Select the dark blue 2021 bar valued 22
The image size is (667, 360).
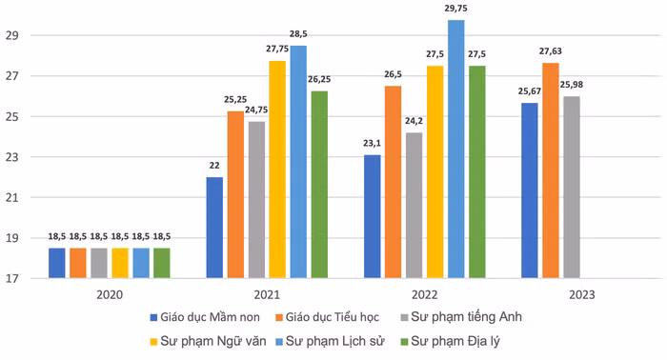[x=214, y=228]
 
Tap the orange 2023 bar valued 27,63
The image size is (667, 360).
[x=550, y=170]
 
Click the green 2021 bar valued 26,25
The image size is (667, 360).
[x=319, y=185]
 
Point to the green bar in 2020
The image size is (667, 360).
[x=161, y=263]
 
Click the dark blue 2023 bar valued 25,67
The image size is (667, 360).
[x=529, y=190]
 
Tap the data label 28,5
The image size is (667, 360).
[x=298, y=34]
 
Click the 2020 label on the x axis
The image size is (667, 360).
[x=109, y=295]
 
